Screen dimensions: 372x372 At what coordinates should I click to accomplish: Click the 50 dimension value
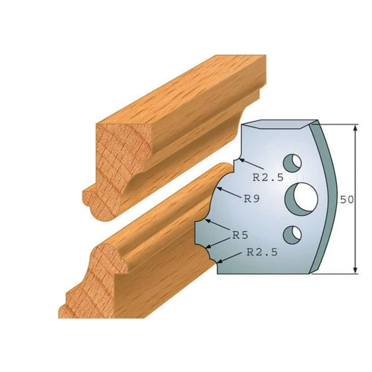346,200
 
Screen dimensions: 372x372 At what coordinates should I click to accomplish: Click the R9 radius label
252,199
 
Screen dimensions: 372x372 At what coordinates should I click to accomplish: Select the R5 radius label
240,235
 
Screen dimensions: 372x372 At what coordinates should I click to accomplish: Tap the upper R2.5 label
268,177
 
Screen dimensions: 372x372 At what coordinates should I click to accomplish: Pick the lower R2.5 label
262,252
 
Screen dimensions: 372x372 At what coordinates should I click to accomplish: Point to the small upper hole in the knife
292,163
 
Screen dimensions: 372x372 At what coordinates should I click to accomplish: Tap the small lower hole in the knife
292,235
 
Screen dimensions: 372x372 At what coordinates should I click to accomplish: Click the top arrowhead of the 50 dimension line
355,128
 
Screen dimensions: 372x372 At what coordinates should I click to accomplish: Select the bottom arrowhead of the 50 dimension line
355,270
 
